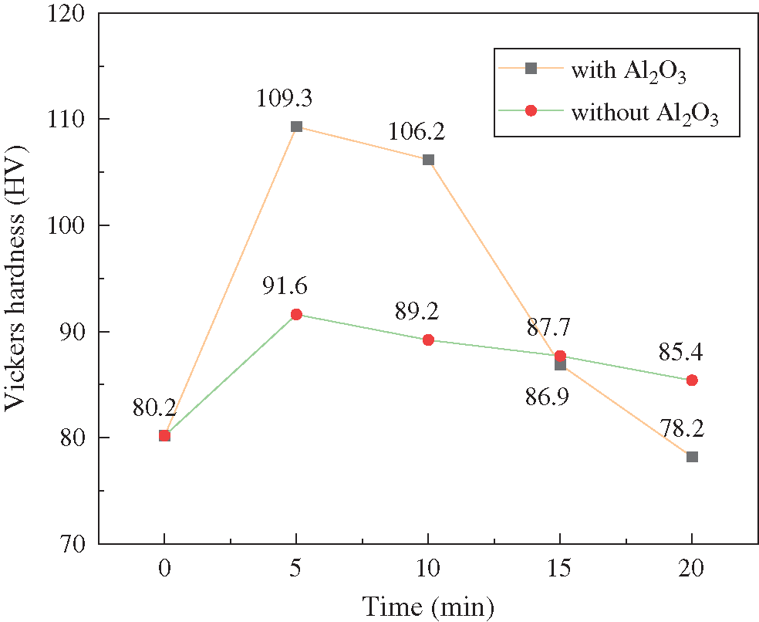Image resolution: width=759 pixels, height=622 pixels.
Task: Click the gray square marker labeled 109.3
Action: coord(296,127)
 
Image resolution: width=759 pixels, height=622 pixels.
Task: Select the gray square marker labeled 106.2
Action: coord(428,160)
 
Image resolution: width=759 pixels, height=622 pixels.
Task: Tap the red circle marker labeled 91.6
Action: coord(296,314)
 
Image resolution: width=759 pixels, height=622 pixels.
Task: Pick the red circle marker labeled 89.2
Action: coord(428,340)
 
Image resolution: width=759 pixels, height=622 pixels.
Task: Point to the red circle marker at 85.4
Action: coord(692,380)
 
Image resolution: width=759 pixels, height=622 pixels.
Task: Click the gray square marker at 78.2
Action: coord(692,457)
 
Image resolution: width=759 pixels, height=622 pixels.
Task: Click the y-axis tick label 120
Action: coord(70,13)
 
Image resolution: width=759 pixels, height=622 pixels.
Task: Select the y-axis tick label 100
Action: coord(70,225)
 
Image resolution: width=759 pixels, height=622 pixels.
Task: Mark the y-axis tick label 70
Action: coord(76,543)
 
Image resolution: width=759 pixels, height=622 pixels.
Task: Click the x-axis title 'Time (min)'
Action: coord(428,606)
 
